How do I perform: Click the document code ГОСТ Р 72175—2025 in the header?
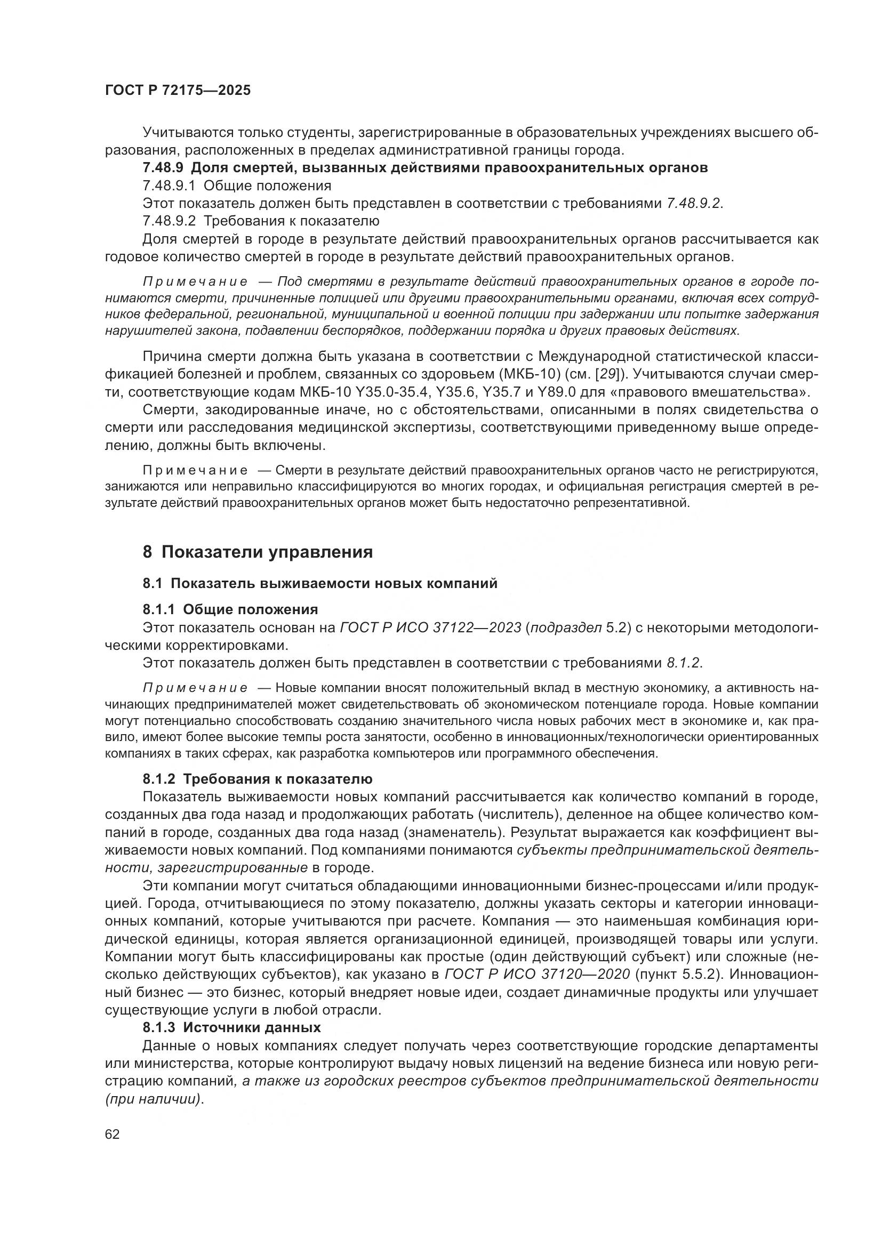coord(178,90)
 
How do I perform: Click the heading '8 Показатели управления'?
coord(258,552)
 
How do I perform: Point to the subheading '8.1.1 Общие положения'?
coord(230,609)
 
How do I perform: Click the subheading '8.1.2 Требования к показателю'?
coord(258,779)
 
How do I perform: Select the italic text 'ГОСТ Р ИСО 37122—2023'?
coord(430,628)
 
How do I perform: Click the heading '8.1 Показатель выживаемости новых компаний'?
coord(320,583)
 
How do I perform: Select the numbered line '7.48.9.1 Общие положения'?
coord(237,186)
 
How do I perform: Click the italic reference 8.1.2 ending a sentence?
coord(684,663)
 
